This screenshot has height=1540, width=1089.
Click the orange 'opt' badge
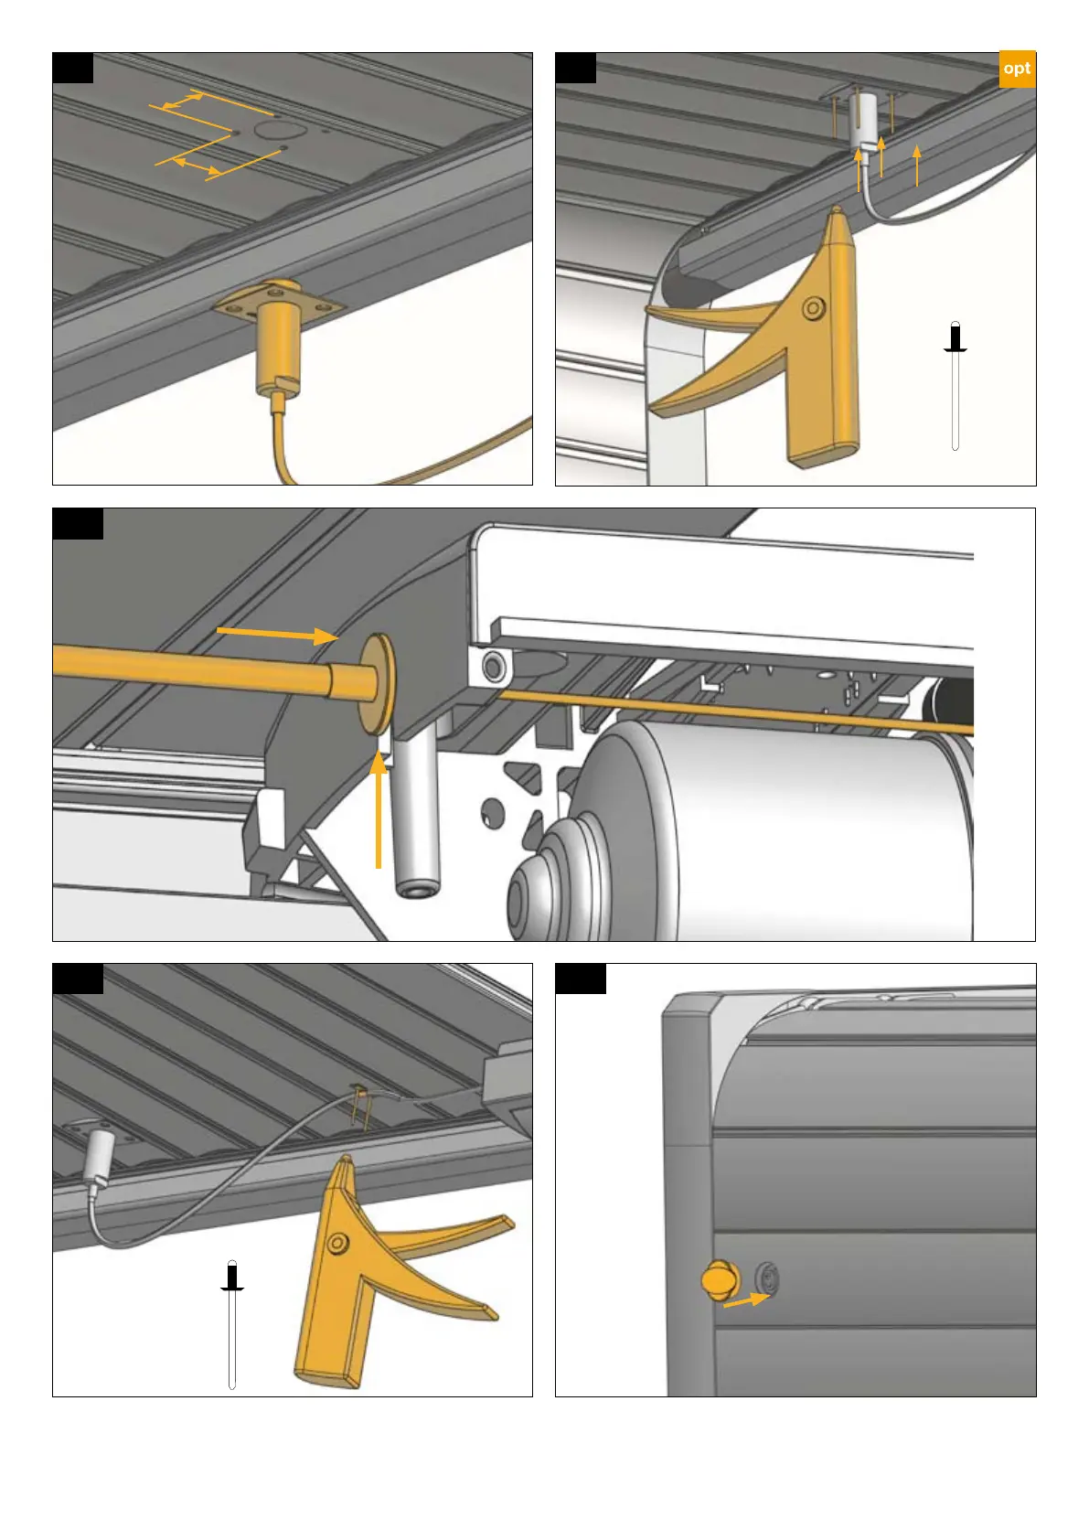pyautogui.click(x=1017, y=69)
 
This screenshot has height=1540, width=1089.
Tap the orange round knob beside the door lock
pyautogui.click(x=720, y=1280)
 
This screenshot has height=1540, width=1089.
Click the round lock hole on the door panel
pyautogui.click(x=766, y=1279)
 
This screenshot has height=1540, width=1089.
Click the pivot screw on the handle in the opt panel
pyautogui.click(x=813, y=307)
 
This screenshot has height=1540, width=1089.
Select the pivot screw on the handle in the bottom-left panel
pyautogui.click(x=336, y=1243)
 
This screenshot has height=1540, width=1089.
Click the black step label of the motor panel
pyautogui.click(x=78, y=524)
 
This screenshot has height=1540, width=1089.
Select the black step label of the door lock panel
pyautogui.click(x=581, y=979)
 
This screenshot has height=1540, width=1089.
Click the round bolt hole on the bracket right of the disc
pyautogui.click(x=493, y=666)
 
